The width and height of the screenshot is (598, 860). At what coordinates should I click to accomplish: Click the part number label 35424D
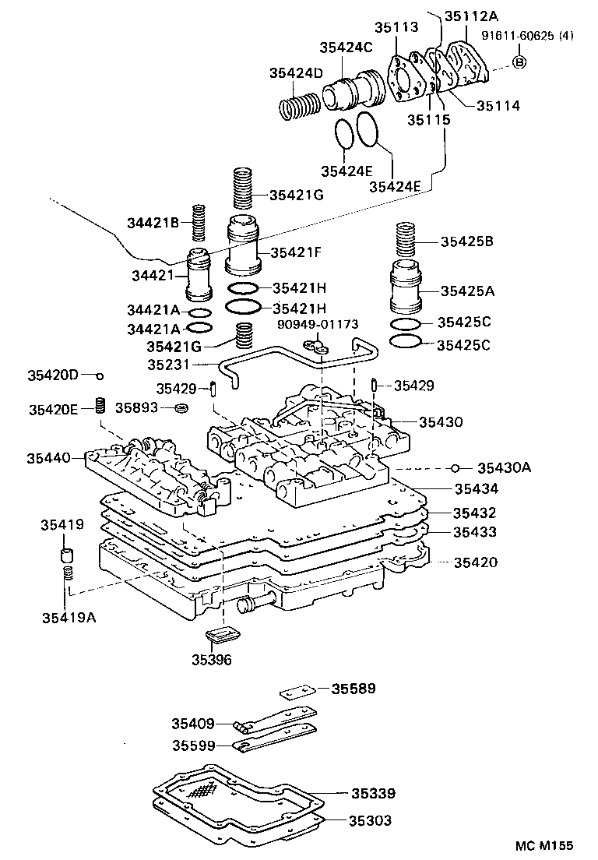click(x=296, y=73)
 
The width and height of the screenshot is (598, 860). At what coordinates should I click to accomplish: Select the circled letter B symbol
click(x=520, y=62)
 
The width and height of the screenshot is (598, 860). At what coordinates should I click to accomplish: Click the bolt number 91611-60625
click(x=519, y=36)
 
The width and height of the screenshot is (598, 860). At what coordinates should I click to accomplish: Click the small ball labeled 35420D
click(x=100, y=375)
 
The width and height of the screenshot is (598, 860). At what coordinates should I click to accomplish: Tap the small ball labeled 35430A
click(x=458, y=467)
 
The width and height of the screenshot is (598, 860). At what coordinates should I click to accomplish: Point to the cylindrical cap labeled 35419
click(x=68, y=556)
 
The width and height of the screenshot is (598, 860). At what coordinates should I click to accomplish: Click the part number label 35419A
click(x=68, y=618)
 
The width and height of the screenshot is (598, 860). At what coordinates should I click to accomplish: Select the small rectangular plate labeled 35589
click(x=296, y=690)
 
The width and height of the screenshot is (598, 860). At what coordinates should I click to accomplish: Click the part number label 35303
click(x=371, y=820)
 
